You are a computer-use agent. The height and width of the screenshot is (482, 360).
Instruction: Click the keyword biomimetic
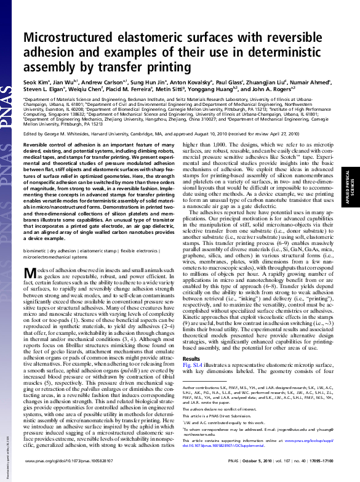point(36,251)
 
